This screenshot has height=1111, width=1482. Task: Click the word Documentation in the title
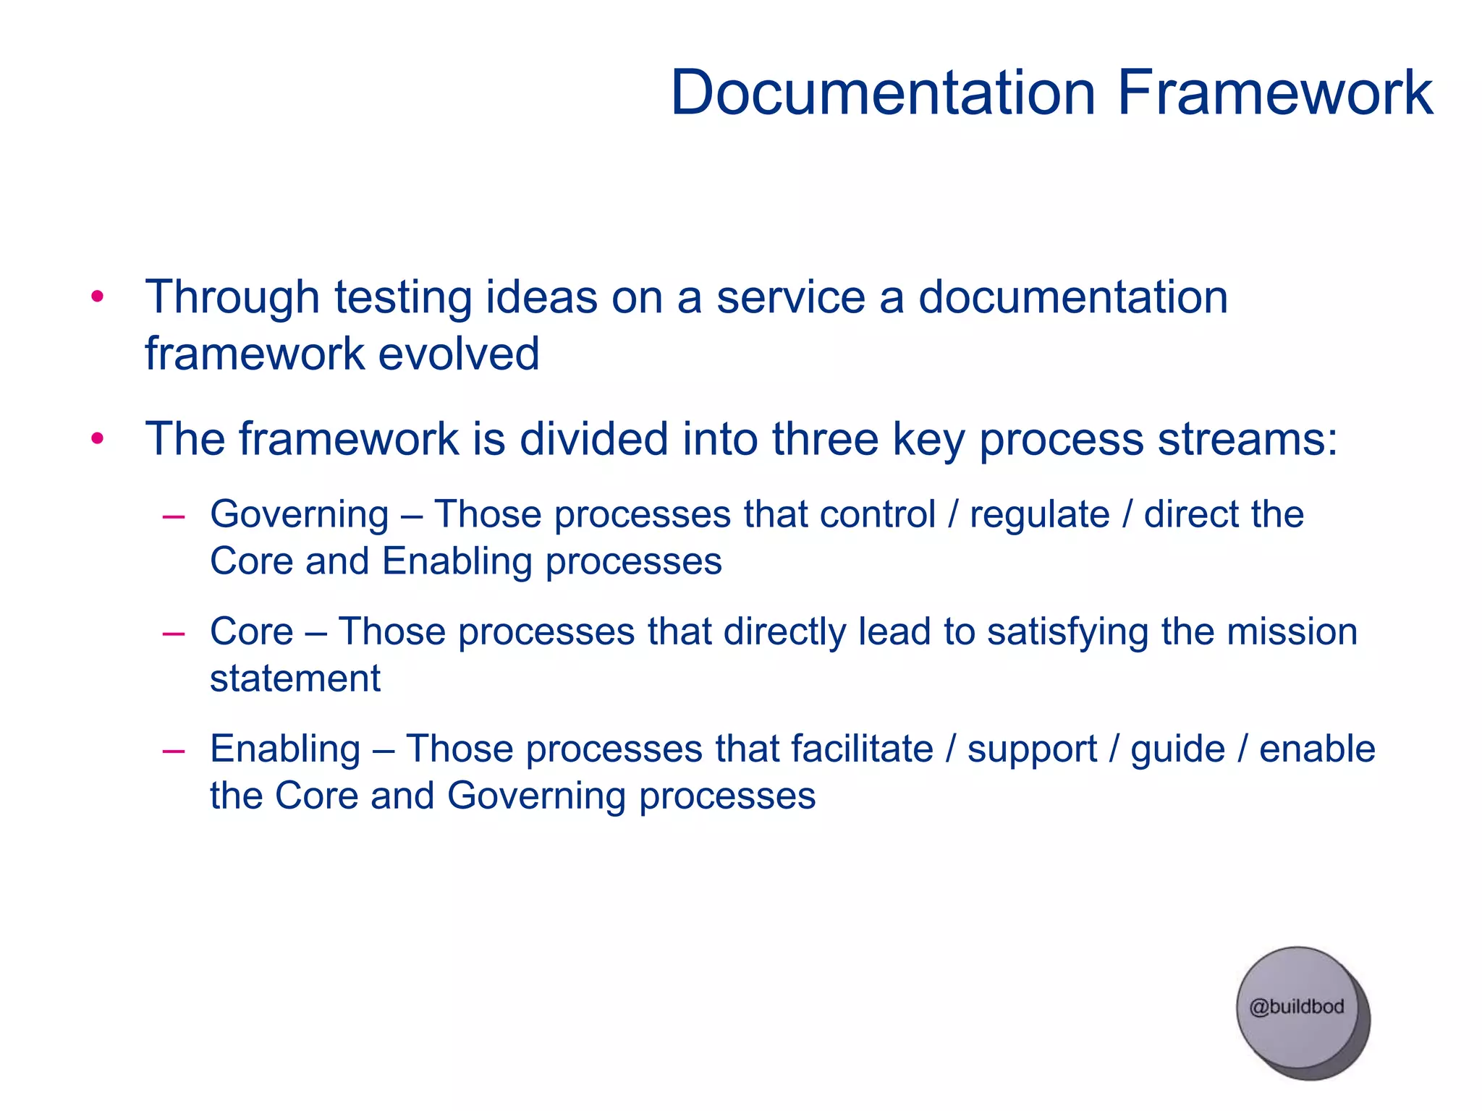[882, 93]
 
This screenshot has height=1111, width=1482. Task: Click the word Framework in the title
[1274, 93]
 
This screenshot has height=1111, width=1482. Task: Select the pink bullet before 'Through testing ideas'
[98, 297]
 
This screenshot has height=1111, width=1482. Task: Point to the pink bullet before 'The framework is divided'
[98, 438]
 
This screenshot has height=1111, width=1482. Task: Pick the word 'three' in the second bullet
[824, 438]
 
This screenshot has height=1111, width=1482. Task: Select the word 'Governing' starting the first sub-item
[300, 515]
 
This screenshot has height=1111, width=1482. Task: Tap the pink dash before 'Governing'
[174, 516]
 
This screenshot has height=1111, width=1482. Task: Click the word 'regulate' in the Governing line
[1039, 515]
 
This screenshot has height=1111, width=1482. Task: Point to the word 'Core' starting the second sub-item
[251, 631]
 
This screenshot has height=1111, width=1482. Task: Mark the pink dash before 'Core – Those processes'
[174, 634]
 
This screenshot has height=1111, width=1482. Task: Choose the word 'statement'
[295, 679]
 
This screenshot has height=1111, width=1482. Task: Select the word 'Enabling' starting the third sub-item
[285, 749]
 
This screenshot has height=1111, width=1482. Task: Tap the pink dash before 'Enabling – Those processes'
[174, 751]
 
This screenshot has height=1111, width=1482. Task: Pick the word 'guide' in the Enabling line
[1177, 750]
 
